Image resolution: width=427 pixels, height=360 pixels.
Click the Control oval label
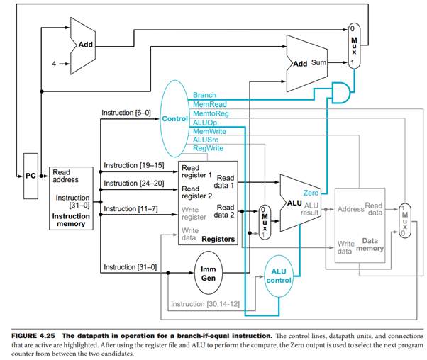174,118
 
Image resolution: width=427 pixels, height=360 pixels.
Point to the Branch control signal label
204,94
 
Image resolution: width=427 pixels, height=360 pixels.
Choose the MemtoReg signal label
209,113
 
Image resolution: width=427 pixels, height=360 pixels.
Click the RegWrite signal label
208,148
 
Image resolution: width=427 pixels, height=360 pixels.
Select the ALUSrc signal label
206,140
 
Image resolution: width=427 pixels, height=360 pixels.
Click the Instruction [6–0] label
126,113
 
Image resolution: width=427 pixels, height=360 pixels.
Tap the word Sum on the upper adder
318,63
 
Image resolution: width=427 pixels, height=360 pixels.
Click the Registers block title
218,240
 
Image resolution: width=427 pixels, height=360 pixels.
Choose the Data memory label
370,244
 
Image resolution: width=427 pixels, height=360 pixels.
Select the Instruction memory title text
70,219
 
